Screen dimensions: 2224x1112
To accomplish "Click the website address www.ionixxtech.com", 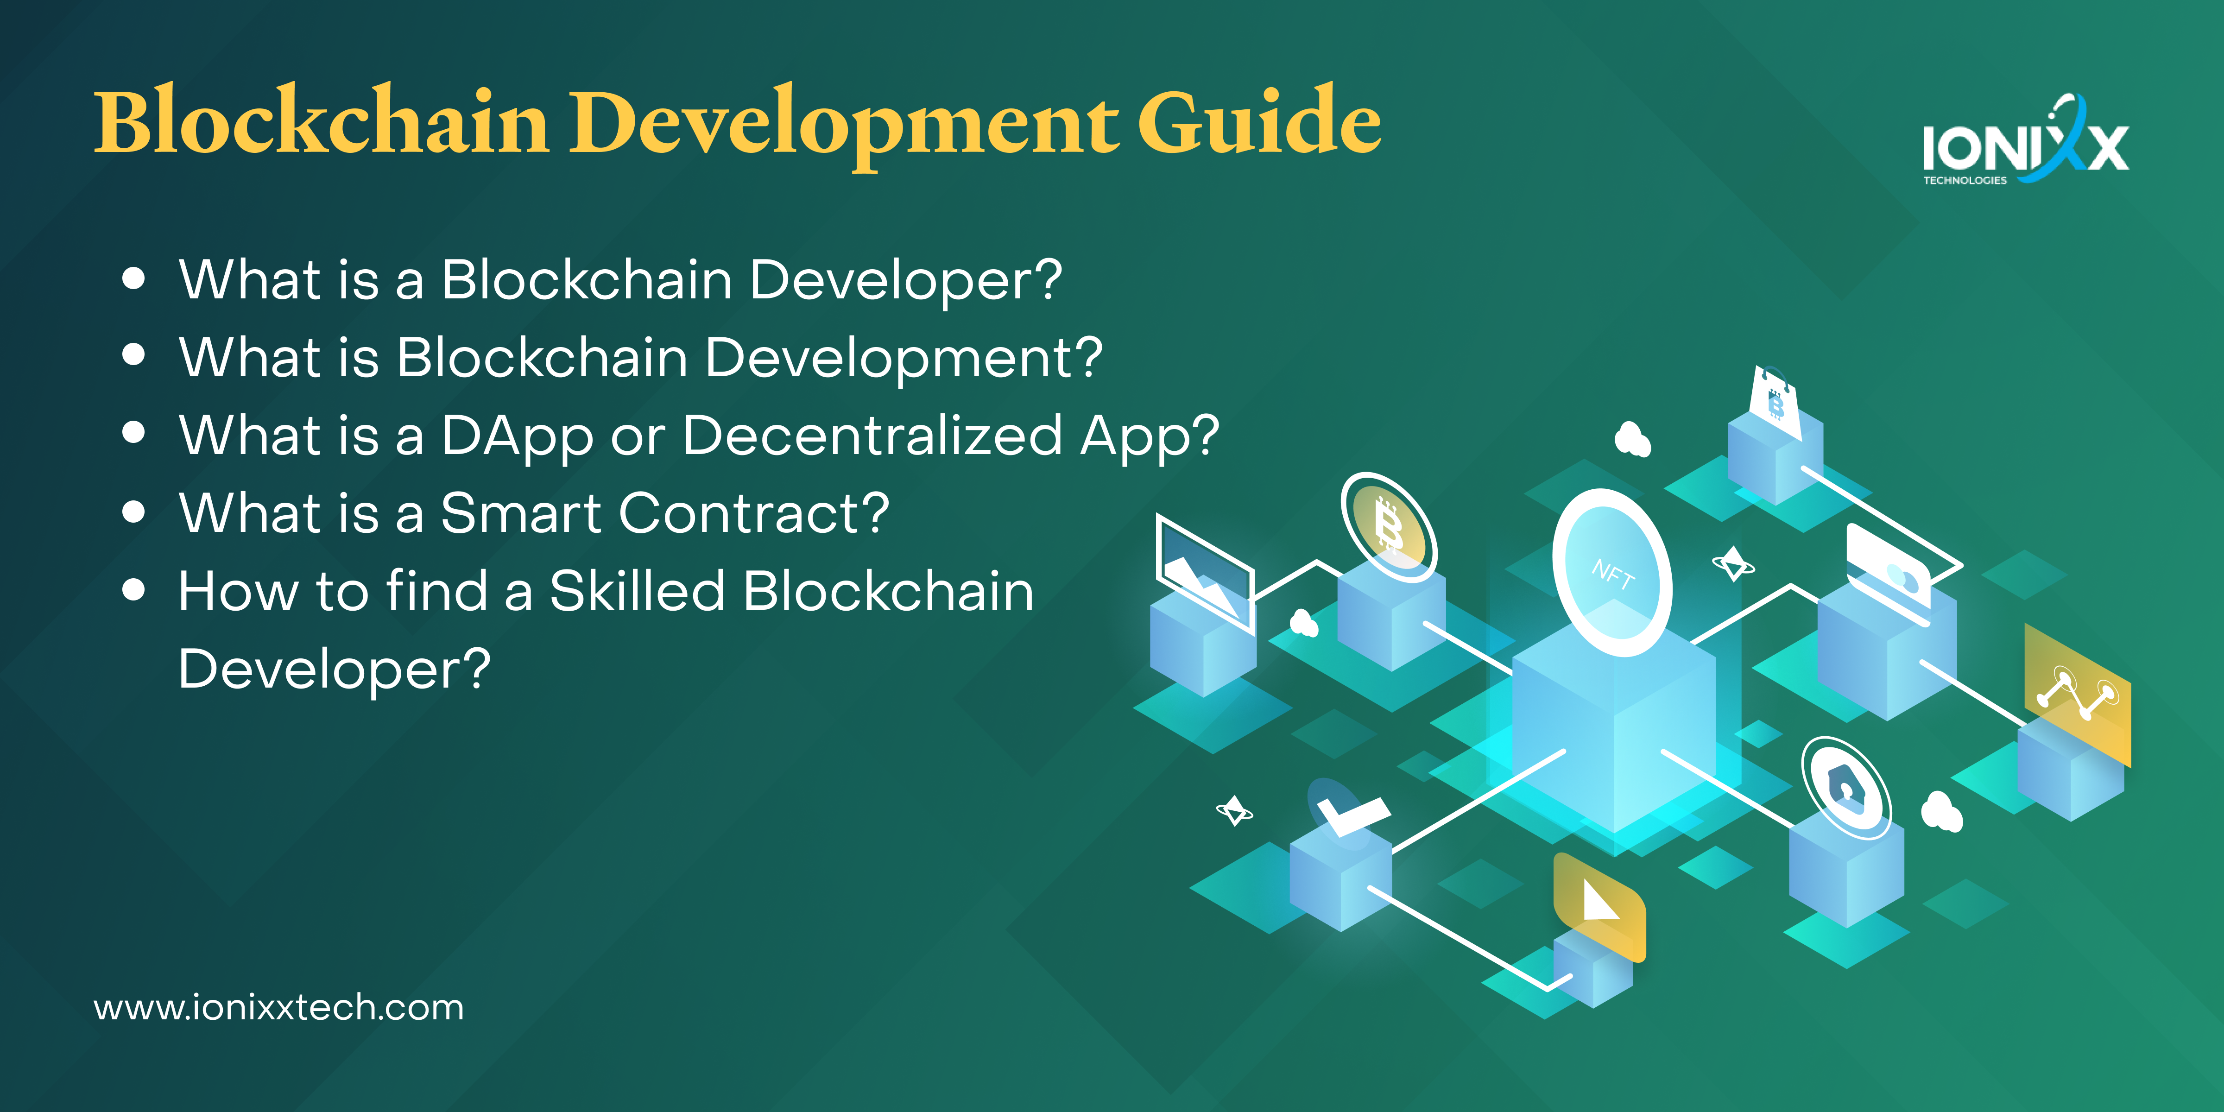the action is pyautogui.click(x=279, y=1008).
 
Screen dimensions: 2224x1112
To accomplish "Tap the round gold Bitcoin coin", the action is pyautogui.click(x=1388, y=527).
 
